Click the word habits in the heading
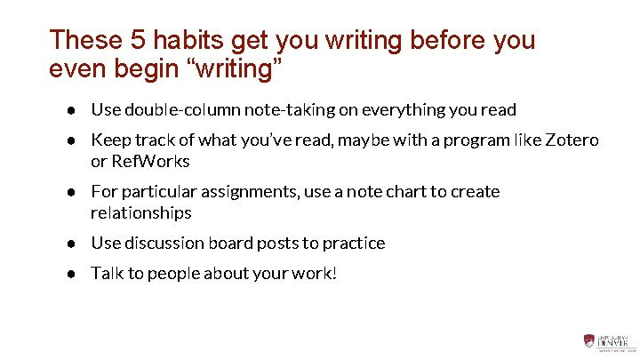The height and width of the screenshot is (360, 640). click(181, 40)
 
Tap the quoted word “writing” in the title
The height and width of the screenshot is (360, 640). click(236, 68)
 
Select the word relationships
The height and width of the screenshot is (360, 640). click(140, 213)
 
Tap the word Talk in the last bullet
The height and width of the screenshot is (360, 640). click(107, 274)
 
